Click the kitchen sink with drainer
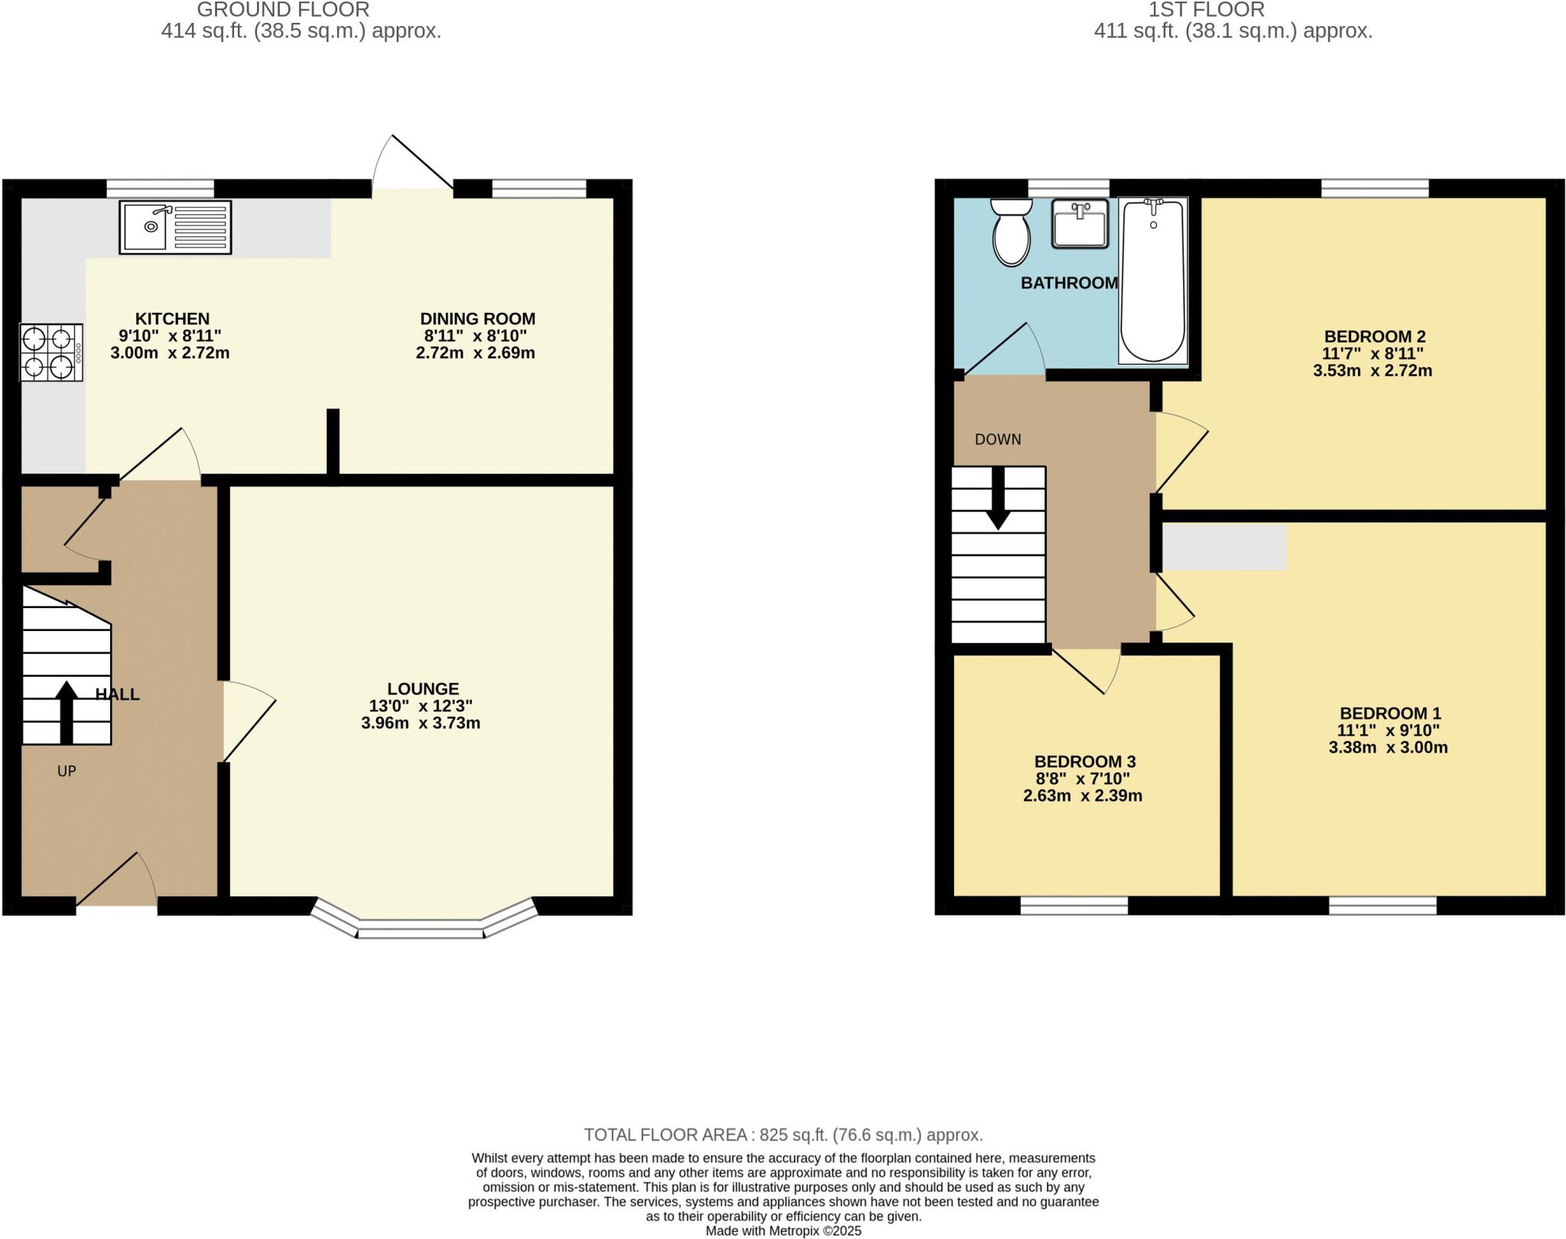pos(175,226)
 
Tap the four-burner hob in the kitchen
pos(51,353)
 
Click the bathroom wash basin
pos(1080,223)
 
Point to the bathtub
pos(1152,280)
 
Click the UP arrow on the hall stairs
pos(67,711)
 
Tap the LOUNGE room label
pos(422,688)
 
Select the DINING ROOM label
pos(477,318)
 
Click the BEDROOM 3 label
pos(1084,762)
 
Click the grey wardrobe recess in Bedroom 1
pos(1223,547)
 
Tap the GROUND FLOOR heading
pos(283,10)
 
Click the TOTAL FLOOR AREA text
pos(783,1135)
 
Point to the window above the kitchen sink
pos(160,188)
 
